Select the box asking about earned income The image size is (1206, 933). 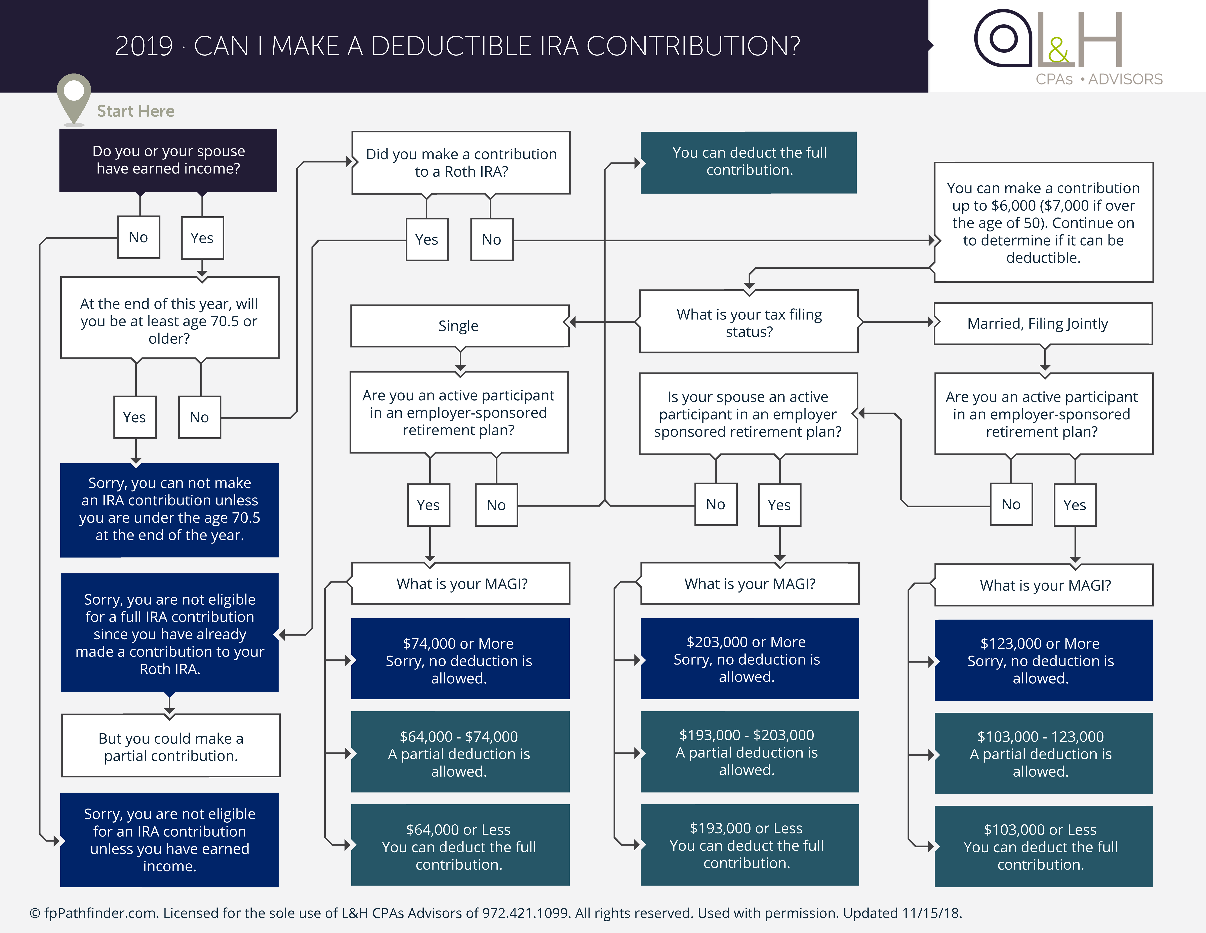[x=168, y=160]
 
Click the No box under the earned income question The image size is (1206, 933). [x=139, y=237]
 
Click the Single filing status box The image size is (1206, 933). [x=459, y=326]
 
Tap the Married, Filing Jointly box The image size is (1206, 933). [x=1043, y=324]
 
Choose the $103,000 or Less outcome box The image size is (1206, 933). [x=1043, y=846]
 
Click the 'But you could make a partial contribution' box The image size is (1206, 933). [x=171, y=746]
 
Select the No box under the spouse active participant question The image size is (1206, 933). [x=716, y=504]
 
